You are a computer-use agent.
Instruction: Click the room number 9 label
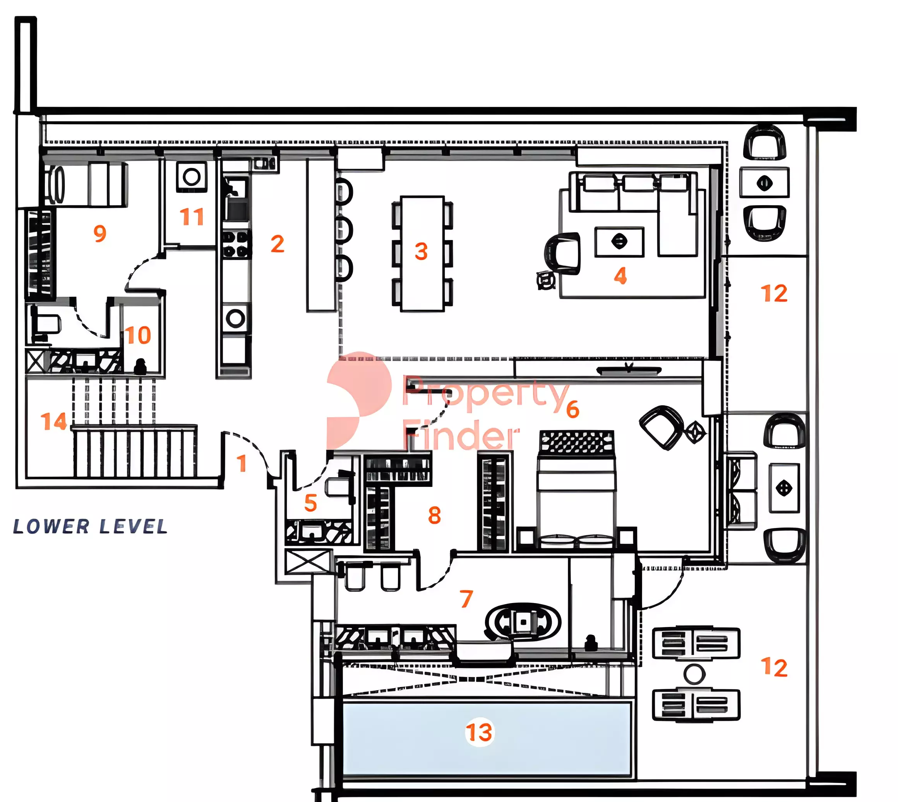[100, 233]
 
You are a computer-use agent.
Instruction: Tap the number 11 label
[192, 217]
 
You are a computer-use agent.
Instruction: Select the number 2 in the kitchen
[277, 244]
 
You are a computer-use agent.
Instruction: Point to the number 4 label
[620, 276]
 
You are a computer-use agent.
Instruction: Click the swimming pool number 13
[480, 732]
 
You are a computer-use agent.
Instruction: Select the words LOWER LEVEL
[90, 526]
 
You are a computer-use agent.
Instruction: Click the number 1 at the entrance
[242, 464]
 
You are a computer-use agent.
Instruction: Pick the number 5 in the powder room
[311, 503]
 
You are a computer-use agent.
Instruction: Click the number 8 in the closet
[434, 515]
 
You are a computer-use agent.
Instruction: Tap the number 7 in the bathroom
[467, 599]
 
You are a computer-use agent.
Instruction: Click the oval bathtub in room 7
[523, 622]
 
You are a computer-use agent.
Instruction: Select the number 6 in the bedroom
[572, 410]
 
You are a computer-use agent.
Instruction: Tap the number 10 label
[138, 335]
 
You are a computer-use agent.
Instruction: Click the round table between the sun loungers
[694, 674]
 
